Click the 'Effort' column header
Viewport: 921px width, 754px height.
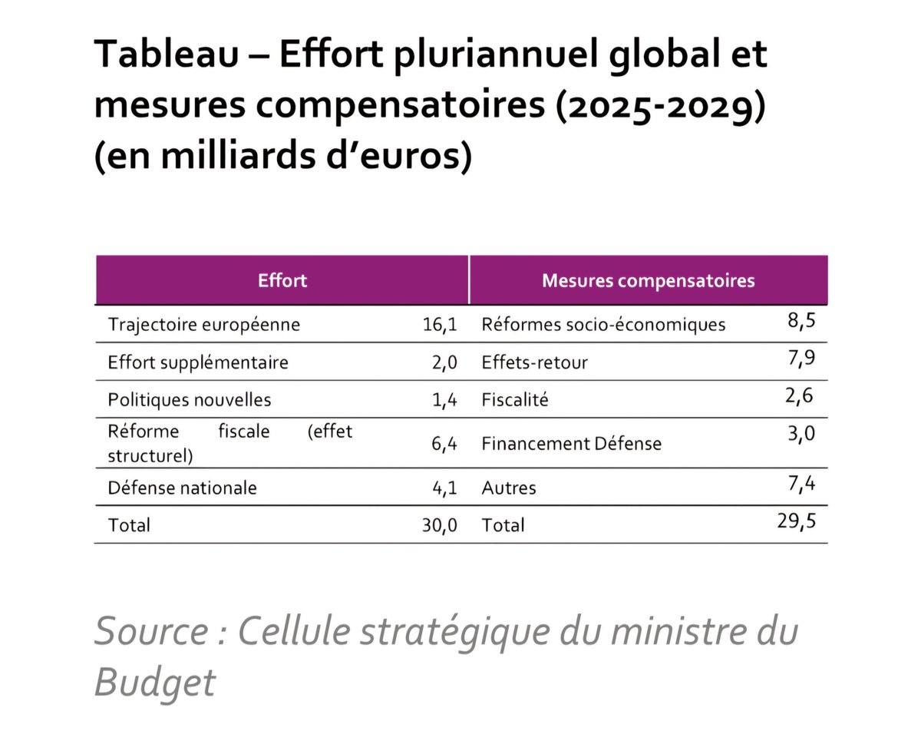tap(282, 280)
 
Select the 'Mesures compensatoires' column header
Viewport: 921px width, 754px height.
tap(648, 280)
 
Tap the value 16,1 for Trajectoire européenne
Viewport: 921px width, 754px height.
tap(440, 325)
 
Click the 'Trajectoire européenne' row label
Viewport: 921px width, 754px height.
tap(204, 325)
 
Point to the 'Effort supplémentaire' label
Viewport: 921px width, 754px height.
tap(198, 362)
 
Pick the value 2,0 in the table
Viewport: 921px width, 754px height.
tap(444, 362)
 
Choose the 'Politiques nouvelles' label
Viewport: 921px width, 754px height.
tap(190, 400)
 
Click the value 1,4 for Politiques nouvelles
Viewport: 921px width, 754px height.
tap(444, 400)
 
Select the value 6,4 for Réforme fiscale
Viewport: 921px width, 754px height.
tap(444, 444)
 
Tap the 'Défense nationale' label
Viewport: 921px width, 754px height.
tap(183, 488)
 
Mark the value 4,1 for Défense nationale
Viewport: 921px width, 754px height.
tap(444, 488)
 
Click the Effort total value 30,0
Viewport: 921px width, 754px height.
tap(440, 525)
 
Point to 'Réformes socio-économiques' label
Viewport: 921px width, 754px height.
tap(603, 325)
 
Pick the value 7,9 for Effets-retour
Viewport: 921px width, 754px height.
tap(801, 359)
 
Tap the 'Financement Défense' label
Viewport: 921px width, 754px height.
tap(571, 444)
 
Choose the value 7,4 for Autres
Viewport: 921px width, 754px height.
tap(801, 484)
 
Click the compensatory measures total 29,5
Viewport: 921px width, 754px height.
tap(796, 521)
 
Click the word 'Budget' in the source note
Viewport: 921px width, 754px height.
tap(155, 681)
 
